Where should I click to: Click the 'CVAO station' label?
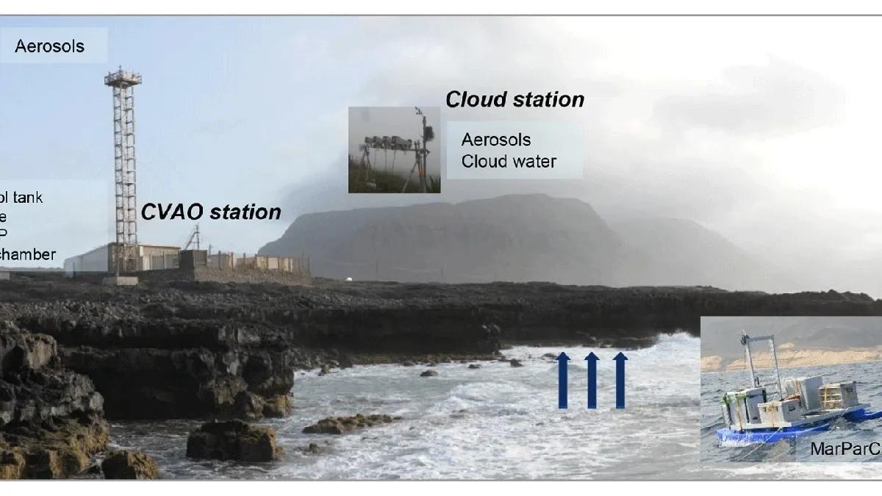coord(211,212)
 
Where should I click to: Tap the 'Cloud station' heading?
coord(515,99)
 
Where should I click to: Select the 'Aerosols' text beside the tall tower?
coord(50,46)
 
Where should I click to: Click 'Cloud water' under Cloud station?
coord(509,161)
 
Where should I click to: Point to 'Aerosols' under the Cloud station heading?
coord(495,140)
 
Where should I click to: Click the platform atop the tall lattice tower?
coord(123,76)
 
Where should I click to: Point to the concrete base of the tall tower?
coord(121,280)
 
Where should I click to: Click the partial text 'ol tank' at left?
coord(22,197)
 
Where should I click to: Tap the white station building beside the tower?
coord(88,260)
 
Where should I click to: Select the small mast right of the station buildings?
coord(195,239)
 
